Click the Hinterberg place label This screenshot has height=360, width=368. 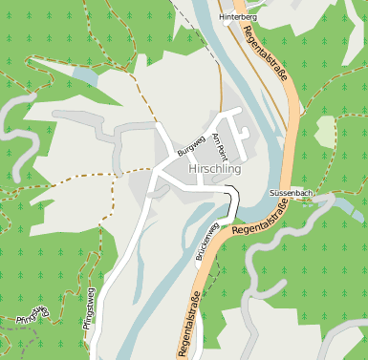238,17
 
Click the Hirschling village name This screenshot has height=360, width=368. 215,169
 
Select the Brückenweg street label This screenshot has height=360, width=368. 206,243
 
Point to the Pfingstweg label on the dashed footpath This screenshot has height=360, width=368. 32,312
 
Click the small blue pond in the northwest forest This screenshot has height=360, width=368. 86,75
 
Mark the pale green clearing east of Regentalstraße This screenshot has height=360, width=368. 326,131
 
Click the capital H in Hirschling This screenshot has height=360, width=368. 195,169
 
